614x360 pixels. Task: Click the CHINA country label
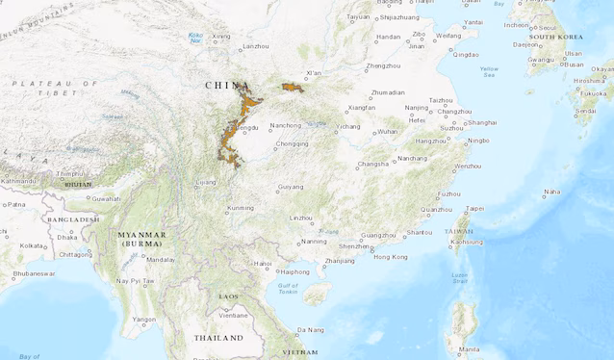(x=228, y=85)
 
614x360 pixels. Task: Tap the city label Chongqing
(x=292, y=143)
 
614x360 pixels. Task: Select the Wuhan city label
(x=388, y=131)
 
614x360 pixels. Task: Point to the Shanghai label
(x=482, y=122)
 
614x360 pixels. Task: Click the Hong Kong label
(x=390, y=257)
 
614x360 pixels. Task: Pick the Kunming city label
(x=241, y=208)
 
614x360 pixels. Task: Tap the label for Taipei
(x=474, y=208)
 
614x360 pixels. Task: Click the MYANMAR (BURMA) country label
(x=141, y=240)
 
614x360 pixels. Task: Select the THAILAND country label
(x=218, y=338)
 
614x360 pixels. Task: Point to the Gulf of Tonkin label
(x=290, y=289)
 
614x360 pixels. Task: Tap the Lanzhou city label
(x=256, y=46)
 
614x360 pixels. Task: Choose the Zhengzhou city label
(x=383, y=66)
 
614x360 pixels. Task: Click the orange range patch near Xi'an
(x=292, y=89)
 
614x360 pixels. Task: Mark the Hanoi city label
(x=263, y=263)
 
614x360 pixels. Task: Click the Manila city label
(x=469, y=348)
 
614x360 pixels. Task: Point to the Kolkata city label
(x=32, y=245)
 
